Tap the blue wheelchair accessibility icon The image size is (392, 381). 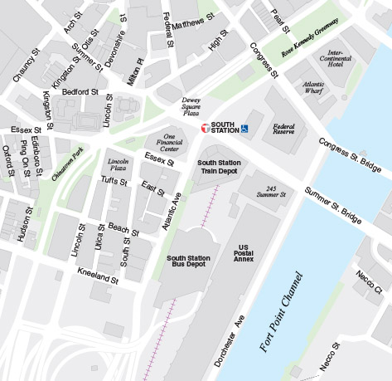coord(245,129)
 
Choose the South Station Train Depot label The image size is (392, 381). coord(218,168)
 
